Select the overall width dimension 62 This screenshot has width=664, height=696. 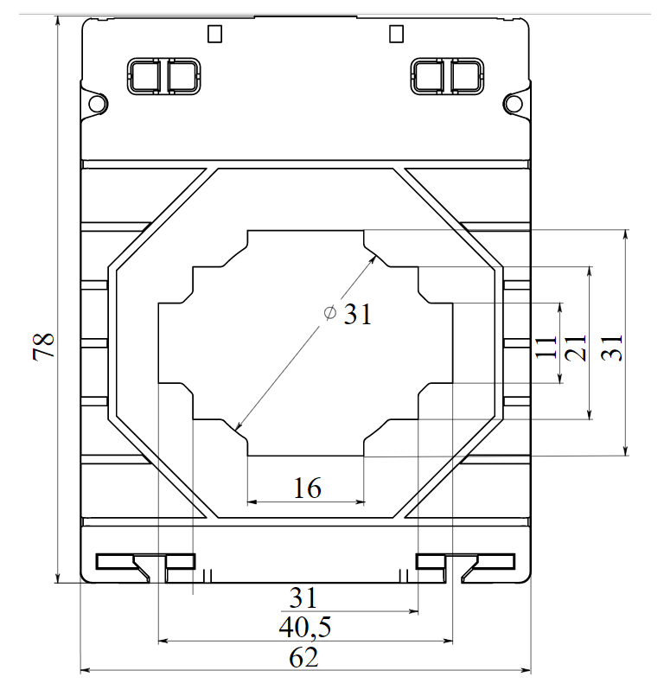click(x=303, y=657)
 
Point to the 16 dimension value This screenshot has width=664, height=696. click(x=306, y=488)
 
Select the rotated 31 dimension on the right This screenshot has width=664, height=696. click(x=613, y=345)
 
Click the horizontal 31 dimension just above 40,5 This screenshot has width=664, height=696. click(x=303, y=597)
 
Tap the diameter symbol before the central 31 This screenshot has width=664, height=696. click(x=330, y=313)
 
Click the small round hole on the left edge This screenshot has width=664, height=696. click(x=98, y=104)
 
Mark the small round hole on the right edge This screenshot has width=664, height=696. click(x=512, y=104)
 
